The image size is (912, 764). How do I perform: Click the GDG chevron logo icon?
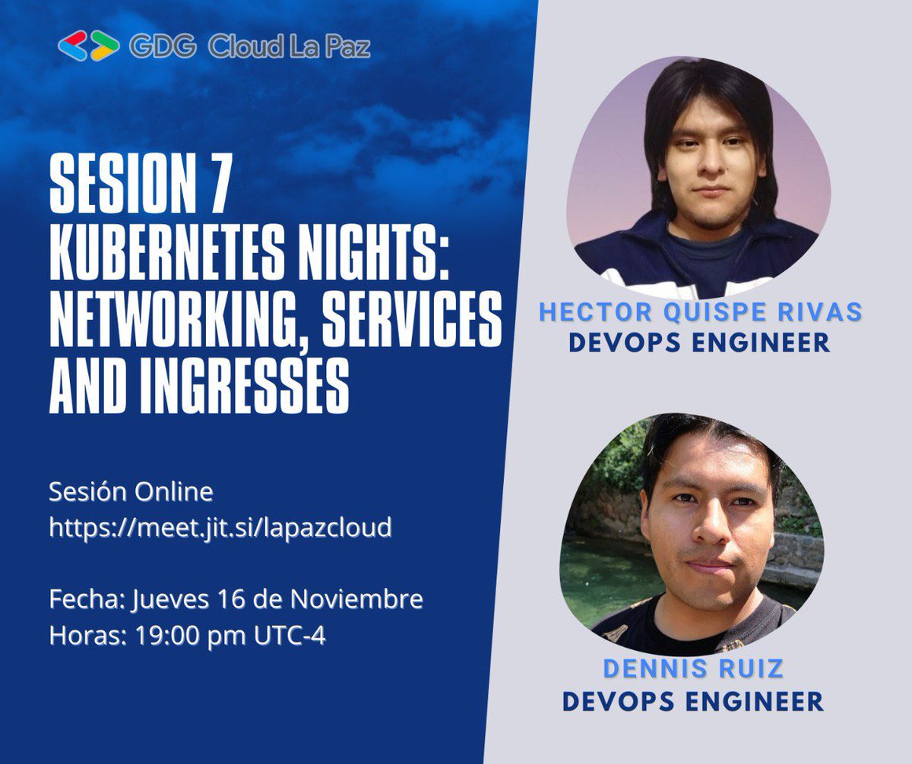pos(88,46)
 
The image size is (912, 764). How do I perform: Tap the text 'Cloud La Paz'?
pos(290,47)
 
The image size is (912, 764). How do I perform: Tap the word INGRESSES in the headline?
pos(199,389)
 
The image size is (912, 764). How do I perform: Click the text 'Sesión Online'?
pos(131,492)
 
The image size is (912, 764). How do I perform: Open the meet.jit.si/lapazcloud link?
pos(220,528)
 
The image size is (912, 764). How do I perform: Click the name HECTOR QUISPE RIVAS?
pos(700,311)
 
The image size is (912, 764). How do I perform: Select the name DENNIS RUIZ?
pos(692,669)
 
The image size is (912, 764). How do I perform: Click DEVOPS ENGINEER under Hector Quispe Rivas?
pos(699,343)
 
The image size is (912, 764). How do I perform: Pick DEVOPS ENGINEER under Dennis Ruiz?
pos(692,701)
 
